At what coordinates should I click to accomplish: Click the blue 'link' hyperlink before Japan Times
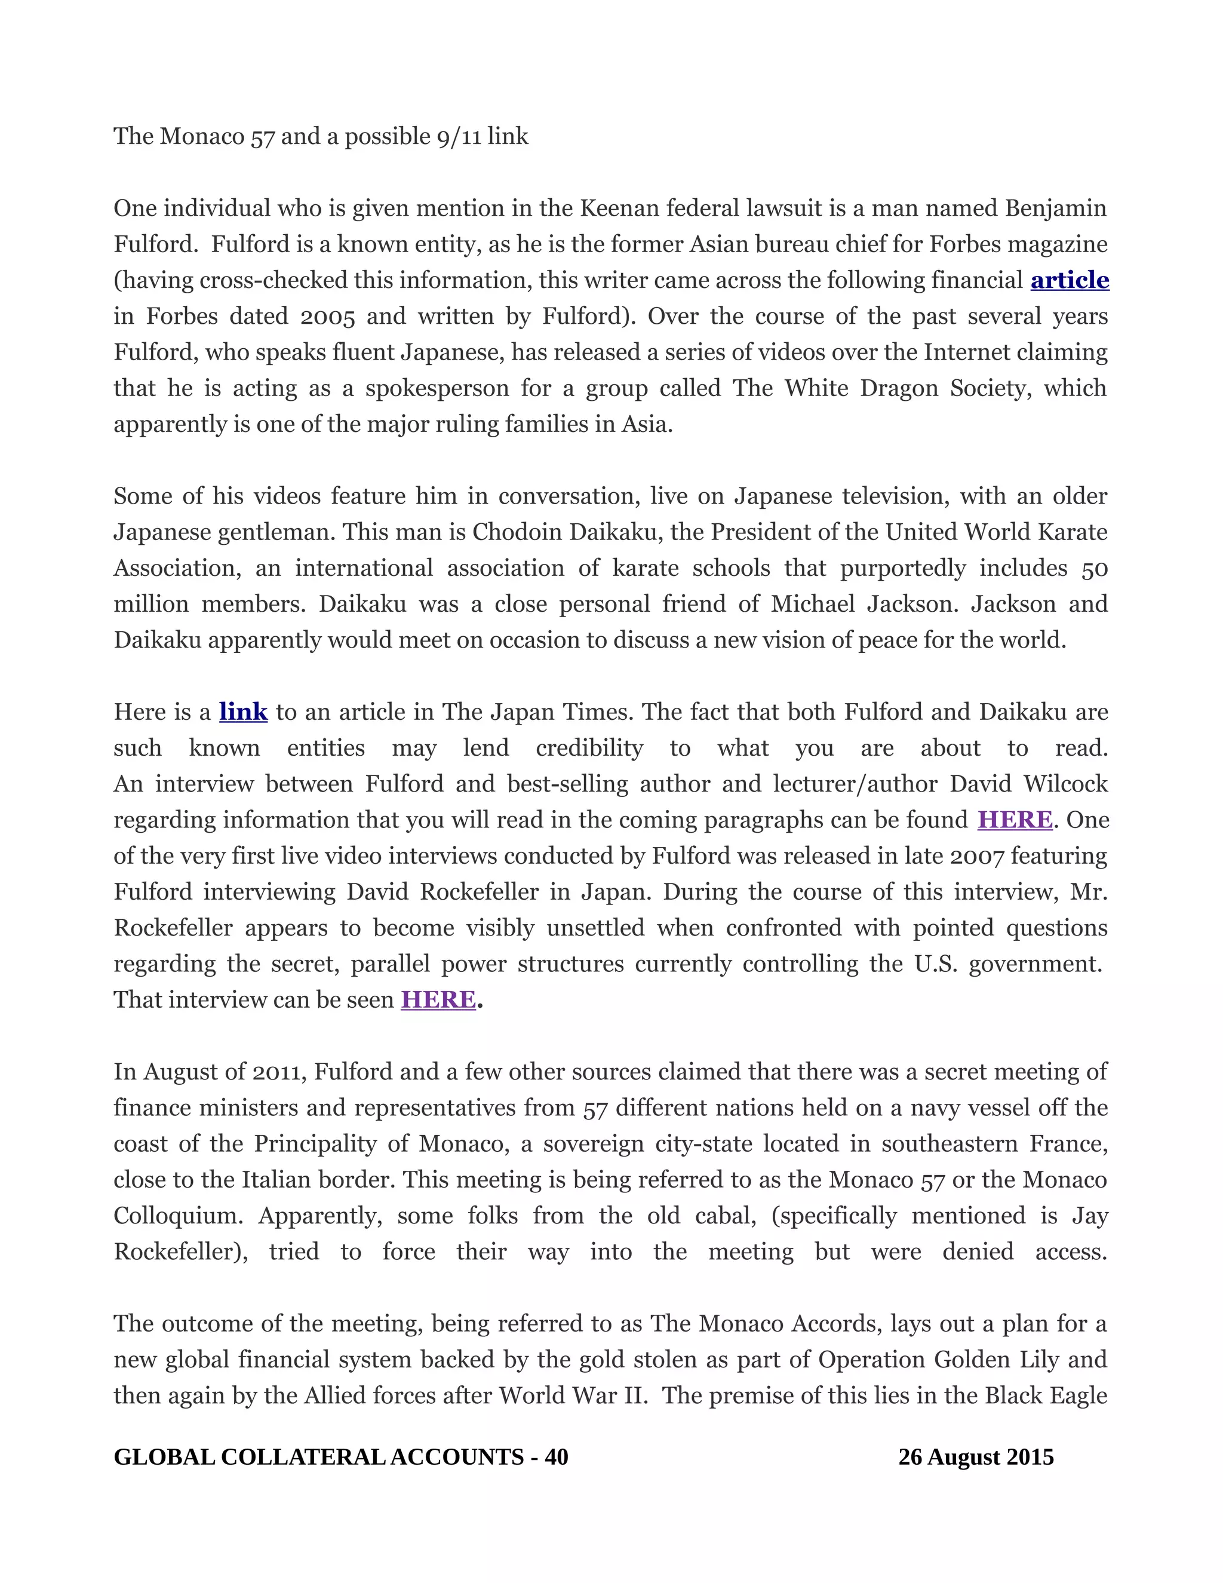tap(244, 712)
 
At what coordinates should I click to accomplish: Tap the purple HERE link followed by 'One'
tap(1015, 820)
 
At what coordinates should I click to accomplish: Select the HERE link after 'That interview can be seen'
tap(438, 999)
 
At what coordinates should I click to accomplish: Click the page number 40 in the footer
tap(557, 1457)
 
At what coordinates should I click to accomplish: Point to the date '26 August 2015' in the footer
tap(976, 1457)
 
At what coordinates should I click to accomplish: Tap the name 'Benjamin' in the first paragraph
tap(1056, 208)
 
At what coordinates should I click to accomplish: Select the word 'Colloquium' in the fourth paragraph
tap(178, 1216)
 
